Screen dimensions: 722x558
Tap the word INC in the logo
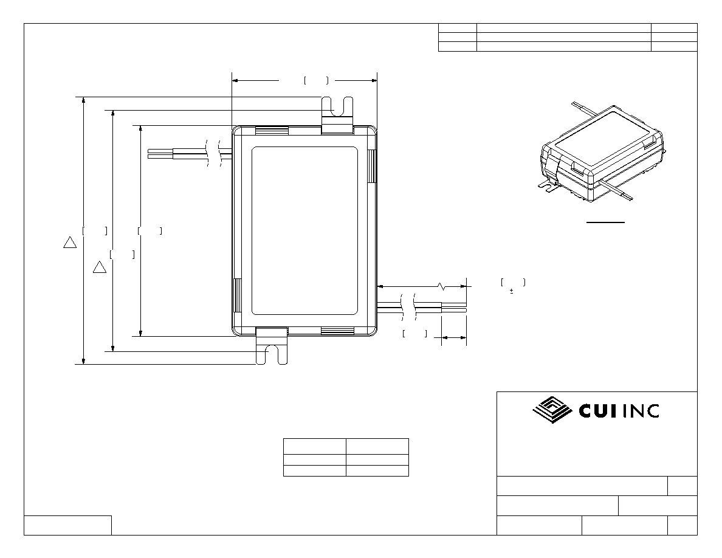point(641,411)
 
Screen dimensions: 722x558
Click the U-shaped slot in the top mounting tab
point(337,106)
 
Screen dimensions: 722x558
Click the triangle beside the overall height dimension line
point(70,242)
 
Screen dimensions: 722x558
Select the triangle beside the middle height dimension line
point(100,267)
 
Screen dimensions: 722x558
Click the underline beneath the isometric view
point(605,222)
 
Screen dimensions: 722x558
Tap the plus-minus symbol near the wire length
point(512,291)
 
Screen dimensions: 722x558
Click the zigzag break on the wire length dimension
point(442,286)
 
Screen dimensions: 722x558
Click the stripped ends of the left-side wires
point(160,153)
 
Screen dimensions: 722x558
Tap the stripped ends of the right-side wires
point(454,307)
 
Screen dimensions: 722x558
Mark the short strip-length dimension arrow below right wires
point(454,338)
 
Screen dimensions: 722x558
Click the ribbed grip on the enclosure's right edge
point(373,166)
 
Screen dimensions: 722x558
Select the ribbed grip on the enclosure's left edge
point(238,295)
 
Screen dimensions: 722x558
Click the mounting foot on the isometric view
point(548,185)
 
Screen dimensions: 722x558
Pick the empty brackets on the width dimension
point(316,81)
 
